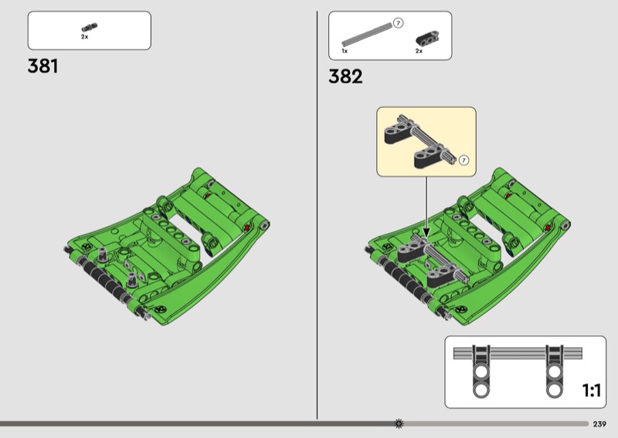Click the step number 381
pos(43,66)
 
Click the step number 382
pos(345,76)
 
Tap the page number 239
pos(599,424)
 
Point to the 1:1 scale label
pos(592,390)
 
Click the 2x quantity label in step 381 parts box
pos(85,37)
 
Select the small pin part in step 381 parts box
pos(90,27)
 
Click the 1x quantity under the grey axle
pos(345,51)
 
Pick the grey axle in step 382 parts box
pos(367,33)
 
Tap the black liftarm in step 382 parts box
pos(428,38)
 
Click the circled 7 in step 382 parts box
pos(398,23)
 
